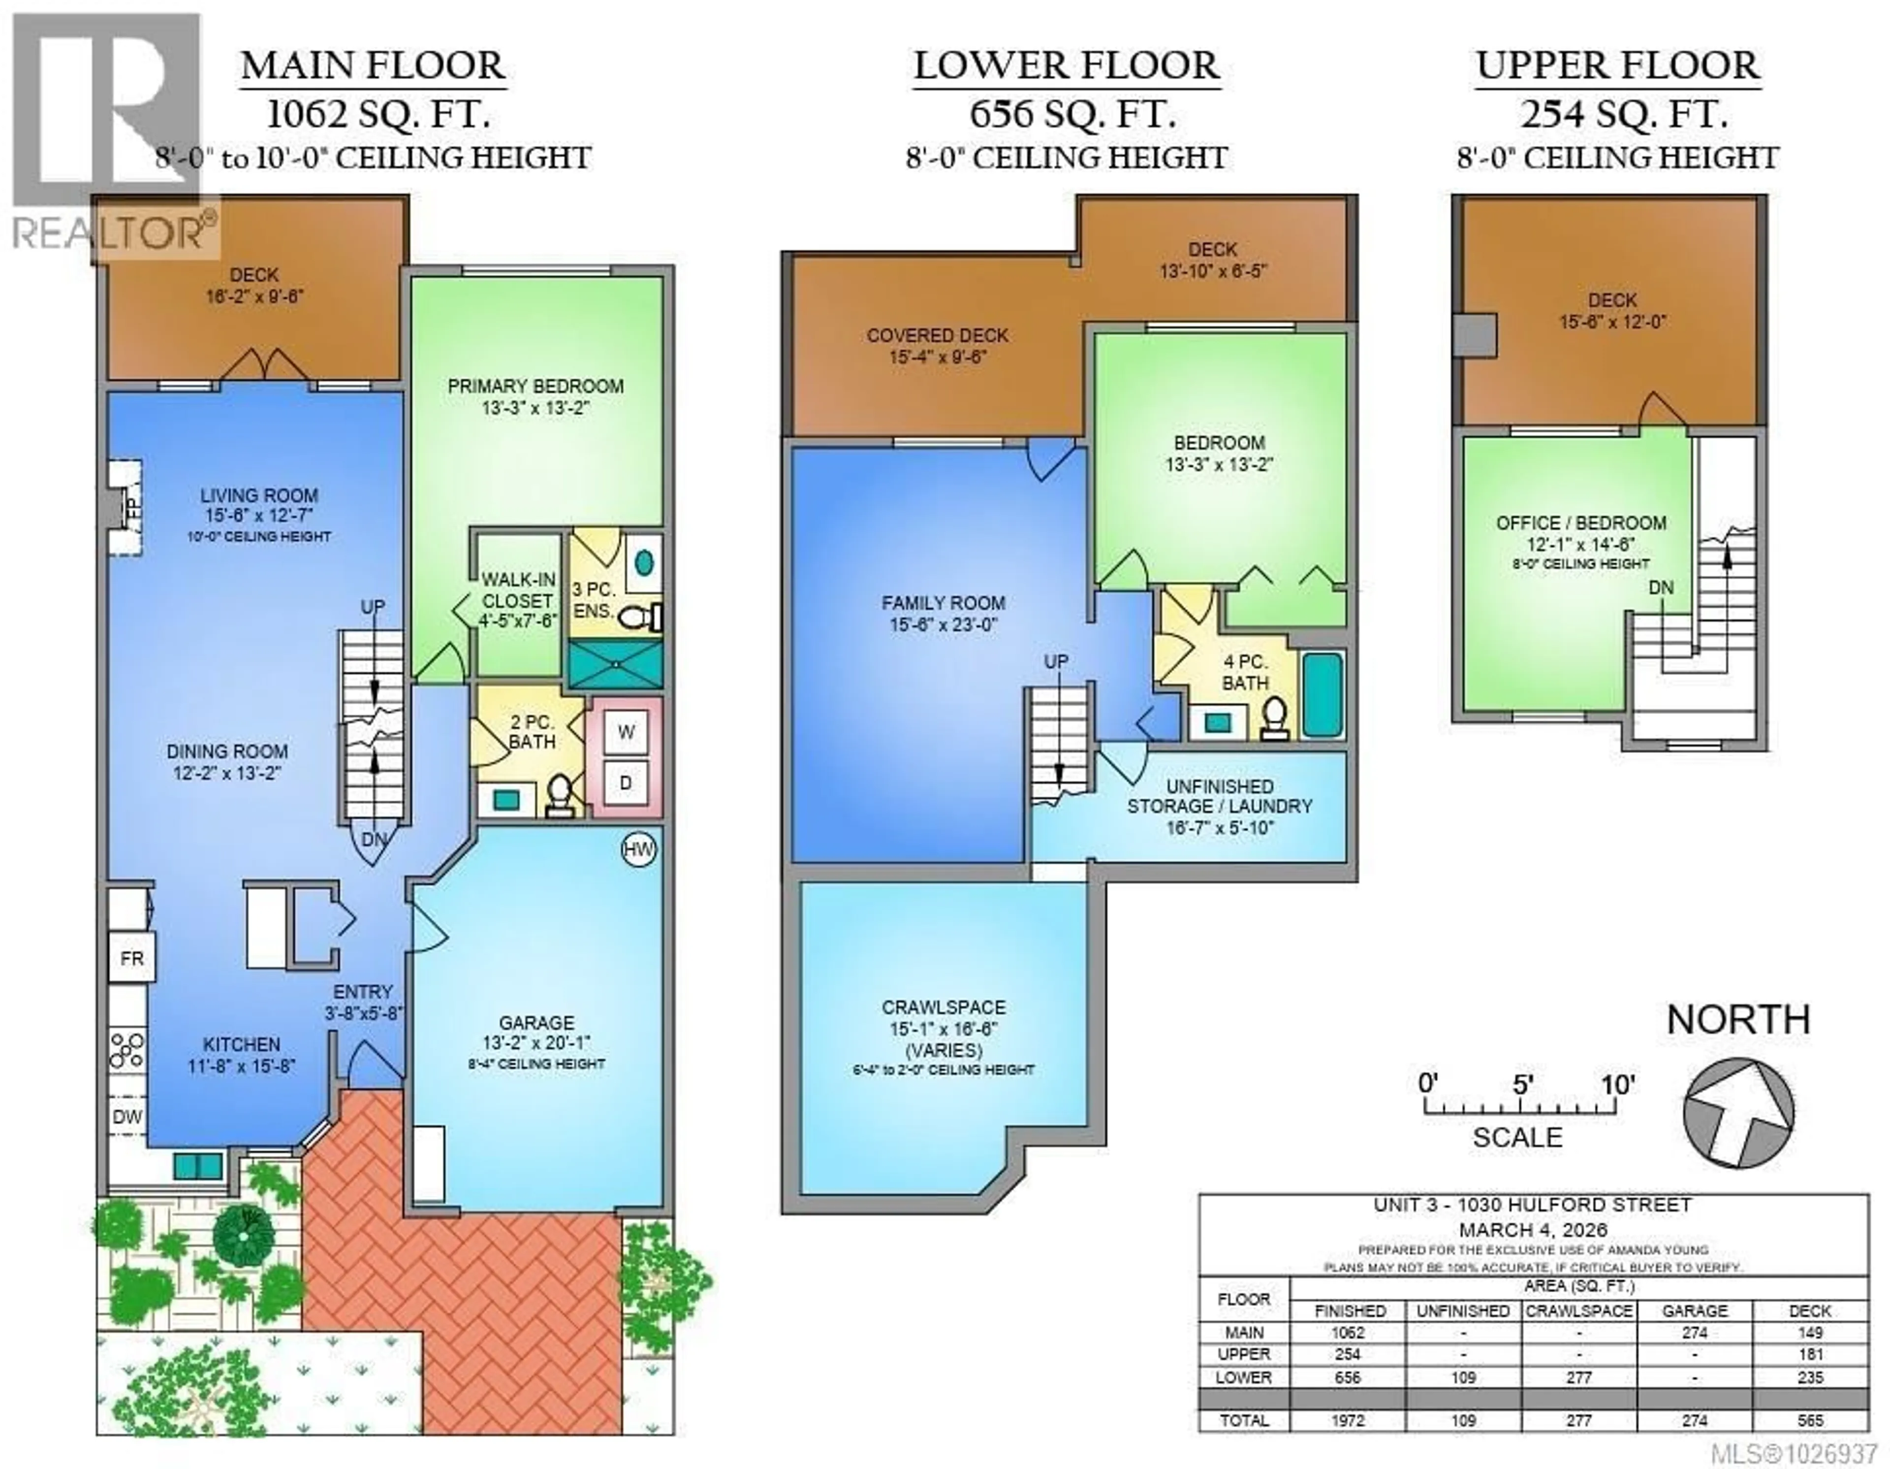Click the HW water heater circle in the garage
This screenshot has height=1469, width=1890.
(x=639, y=850)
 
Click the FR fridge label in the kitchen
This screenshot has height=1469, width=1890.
(x=131, y=958)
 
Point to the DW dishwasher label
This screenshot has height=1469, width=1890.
(x=127, y=1117)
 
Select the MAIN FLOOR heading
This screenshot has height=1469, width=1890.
(x=373, y=66)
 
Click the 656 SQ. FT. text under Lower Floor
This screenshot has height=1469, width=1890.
(x=1071, y=113)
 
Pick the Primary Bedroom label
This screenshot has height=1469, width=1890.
(x=535, y=396)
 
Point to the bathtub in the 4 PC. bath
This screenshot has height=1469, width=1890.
(x=1323, y=695)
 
